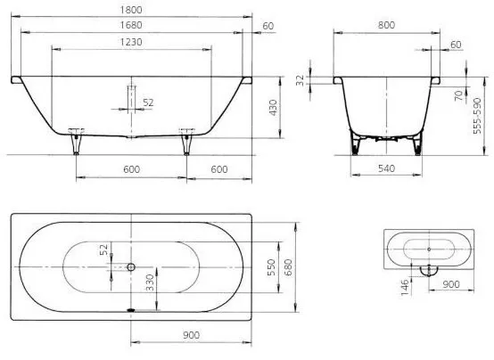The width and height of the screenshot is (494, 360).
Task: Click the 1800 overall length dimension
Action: click(x=131, y=10)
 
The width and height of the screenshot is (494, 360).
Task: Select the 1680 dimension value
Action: click(x=131, y=25)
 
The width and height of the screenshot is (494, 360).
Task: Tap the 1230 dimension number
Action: click(x=131, y=42)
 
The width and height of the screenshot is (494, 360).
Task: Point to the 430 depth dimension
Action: click(x=273, y=108)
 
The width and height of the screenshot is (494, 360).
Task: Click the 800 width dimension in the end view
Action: click(x=386, y=25)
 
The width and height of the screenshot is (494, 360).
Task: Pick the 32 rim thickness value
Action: click(x=301, y=80)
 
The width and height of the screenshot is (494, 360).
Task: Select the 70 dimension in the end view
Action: click(x=460, y=94)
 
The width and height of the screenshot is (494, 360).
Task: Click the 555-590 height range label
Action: click(x=478, y=116)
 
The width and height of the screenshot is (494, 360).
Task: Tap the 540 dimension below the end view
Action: click(x=386, y=168)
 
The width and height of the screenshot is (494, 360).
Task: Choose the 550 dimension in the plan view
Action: click(x=271, y=267)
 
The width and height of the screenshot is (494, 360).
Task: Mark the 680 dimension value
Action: click(x=288, y=267)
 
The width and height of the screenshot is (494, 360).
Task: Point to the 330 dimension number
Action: click(x=150, y=282)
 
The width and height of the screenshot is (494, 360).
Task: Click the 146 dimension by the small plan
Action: click(x=405, y=287)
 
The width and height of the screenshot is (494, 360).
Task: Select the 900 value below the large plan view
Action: click(x=191, y=335)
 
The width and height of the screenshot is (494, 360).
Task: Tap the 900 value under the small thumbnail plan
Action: click(x=451, y=284)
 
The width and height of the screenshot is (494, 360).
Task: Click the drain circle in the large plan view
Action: click(x=131, y=267)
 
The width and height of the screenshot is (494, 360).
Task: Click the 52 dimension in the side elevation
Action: click(x=148, y=102)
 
